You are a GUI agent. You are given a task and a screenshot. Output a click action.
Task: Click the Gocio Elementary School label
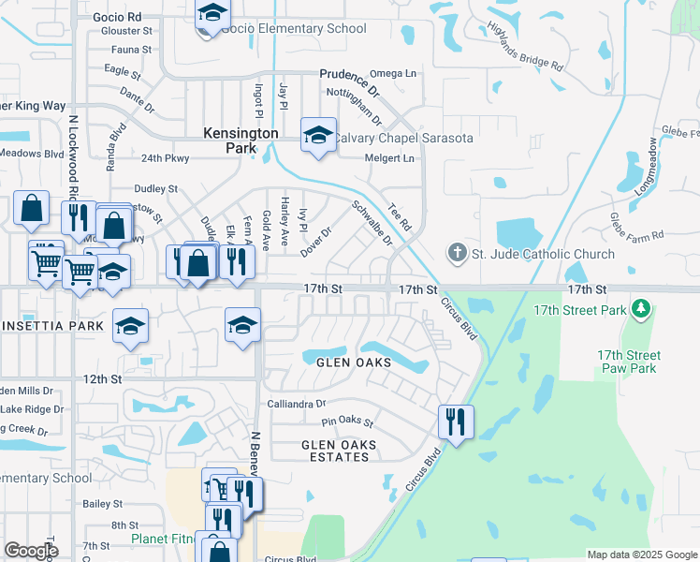click(x=295, y=28)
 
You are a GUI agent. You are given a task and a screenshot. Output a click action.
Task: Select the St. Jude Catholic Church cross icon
click(x=456, y=253)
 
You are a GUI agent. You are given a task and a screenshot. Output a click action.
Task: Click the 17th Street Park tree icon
click(x=641, y=308)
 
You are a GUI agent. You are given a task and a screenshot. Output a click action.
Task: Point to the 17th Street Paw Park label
click(x=629, y=362)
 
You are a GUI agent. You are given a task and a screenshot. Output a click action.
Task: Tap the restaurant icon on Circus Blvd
click(x=457, y=421)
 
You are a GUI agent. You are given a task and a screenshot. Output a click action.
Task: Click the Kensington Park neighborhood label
click(x=241, y=140)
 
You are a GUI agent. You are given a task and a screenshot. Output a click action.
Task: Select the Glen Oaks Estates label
click(x=339, y=451)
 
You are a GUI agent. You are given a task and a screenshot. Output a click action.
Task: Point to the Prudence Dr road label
click(x=349, y=81)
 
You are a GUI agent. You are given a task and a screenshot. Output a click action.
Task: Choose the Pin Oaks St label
click(x=347, y=424)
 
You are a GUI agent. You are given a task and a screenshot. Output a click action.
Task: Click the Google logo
click(x=31, y=551)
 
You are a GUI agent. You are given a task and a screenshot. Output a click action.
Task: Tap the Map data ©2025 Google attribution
click(x=642, y=555)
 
